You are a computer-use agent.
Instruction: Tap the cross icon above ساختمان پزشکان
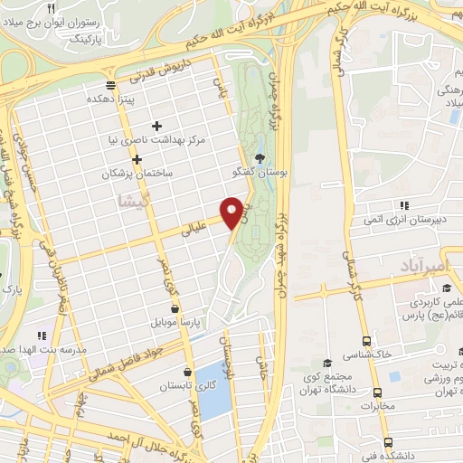click(x=137, y=158)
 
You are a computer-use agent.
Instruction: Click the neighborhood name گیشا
click(x=133, y=202)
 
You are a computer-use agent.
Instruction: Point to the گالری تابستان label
click(x=163, y=386)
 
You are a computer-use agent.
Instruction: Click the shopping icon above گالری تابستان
click(x=187, y=371)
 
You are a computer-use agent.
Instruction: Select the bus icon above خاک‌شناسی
click(x=366, y=341)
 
